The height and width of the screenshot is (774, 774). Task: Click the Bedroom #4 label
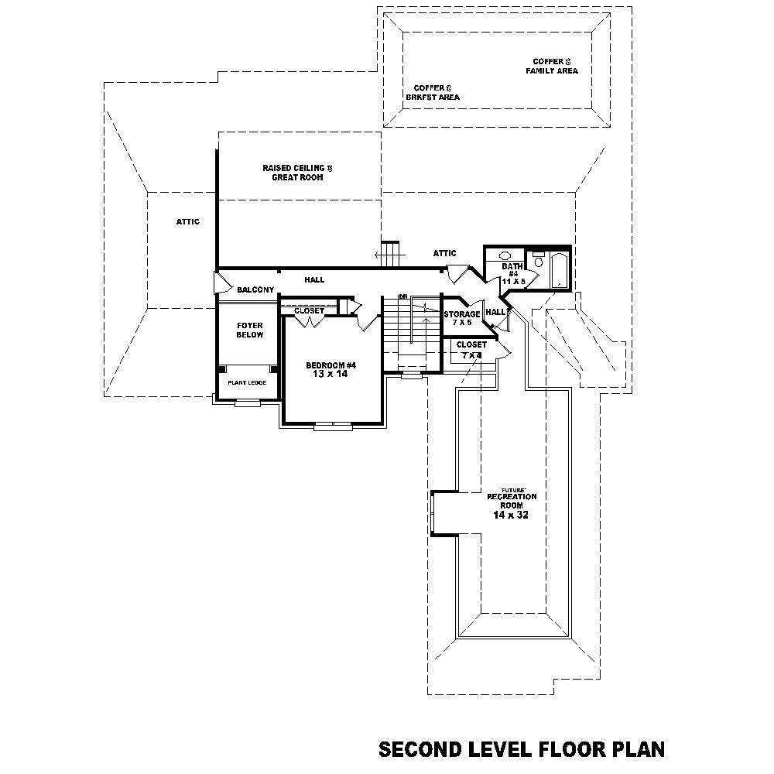tap(330, 365)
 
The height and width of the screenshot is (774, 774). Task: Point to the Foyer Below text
tap(250, 330)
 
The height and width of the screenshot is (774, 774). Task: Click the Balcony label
tap(255, 289)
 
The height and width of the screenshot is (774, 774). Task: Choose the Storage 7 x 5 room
tap(462, 318)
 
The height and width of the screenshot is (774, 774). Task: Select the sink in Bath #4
tap(505, 255)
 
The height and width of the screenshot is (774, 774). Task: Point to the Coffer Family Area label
tap(552, 66)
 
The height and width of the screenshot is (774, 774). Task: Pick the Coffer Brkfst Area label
tap(433, 93)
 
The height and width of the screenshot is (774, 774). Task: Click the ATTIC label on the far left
tap(187, 222)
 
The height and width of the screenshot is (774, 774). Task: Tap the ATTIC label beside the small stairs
tap(444, 253)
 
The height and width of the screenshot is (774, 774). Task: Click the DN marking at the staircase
tap(403, 296)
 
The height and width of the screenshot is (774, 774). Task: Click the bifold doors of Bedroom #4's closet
tap(307, 321)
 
